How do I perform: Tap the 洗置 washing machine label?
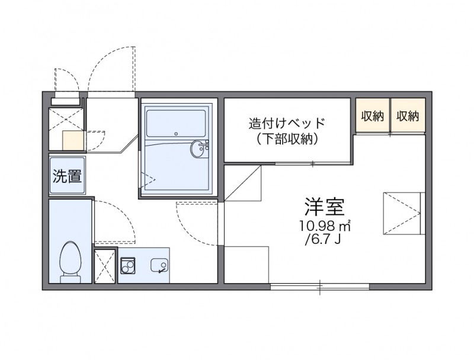(67, 176)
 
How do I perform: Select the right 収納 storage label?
(408, 116)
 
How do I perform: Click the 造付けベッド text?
(287, 124)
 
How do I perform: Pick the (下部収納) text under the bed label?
(287, 140)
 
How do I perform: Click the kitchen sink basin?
(159, 266)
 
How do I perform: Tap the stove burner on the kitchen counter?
(127, 266)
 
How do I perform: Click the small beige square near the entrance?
(73, 141)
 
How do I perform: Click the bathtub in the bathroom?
(175, 124)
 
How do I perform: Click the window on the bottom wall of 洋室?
(320, 288)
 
